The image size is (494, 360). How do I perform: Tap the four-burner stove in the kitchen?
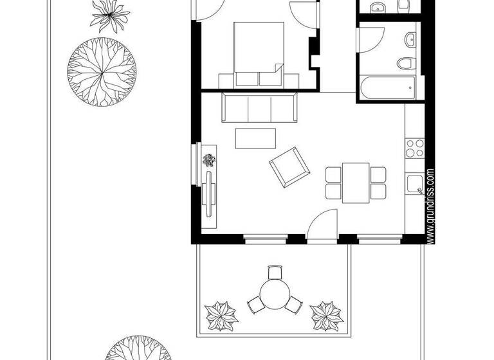click(x=415, y=148)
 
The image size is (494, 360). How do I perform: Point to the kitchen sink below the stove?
click(x=416, y=183)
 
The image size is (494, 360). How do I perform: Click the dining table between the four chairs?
click(x=355, y=182)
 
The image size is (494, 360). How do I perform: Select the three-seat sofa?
click(x=259, y=107)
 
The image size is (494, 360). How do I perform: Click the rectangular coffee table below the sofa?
click(x=255, y=138)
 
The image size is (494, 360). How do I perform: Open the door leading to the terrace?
click(x=322, y=225)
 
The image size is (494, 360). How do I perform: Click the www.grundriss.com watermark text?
click(x=430, y=206)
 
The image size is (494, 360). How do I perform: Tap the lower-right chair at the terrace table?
click(x=295, y=305)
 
